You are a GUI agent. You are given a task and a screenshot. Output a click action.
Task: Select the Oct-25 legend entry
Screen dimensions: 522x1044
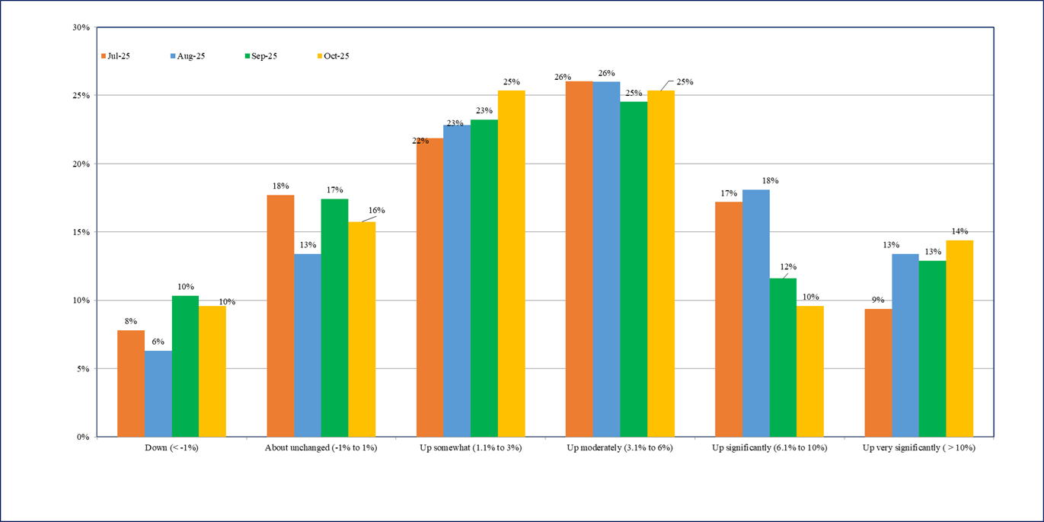[x=335, y=56]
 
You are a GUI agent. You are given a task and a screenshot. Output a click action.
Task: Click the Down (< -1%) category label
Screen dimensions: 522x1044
[x=171, y=448]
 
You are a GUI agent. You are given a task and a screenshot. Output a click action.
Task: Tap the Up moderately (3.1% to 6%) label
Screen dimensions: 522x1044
[x=619, y=448]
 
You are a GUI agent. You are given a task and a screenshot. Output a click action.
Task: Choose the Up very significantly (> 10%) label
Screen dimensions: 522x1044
[x=918, y=448]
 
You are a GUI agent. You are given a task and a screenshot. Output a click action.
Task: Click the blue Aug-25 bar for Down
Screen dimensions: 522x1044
[x=158, y=394]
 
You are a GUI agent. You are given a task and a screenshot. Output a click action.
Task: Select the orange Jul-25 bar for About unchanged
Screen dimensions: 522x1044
[x=280, y=316]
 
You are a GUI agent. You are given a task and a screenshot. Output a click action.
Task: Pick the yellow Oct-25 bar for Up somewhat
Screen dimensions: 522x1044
[x=511, y=264]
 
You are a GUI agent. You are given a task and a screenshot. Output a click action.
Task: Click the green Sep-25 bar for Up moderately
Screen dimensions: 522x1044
[x=634, y=269]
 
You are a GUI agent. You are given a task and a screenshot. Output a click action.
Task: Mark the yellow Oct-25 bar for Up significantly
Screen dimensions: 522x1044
[x=810, y=371]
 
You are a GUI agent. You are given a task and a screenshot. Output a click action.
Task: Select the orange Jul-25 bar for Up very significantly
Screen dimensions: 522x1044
[x=878, y=373]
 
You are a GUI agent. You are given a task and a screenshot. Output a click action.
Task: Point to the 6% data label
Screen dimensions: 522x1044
[x=158, y=342]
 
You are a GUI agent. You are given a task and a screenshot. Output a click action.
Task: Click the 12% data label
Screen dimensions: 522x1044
[x=787, y=267]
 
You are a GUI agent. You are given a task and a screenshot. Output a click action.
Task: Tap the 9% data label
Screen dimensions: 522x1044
[x=878, y=300]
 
